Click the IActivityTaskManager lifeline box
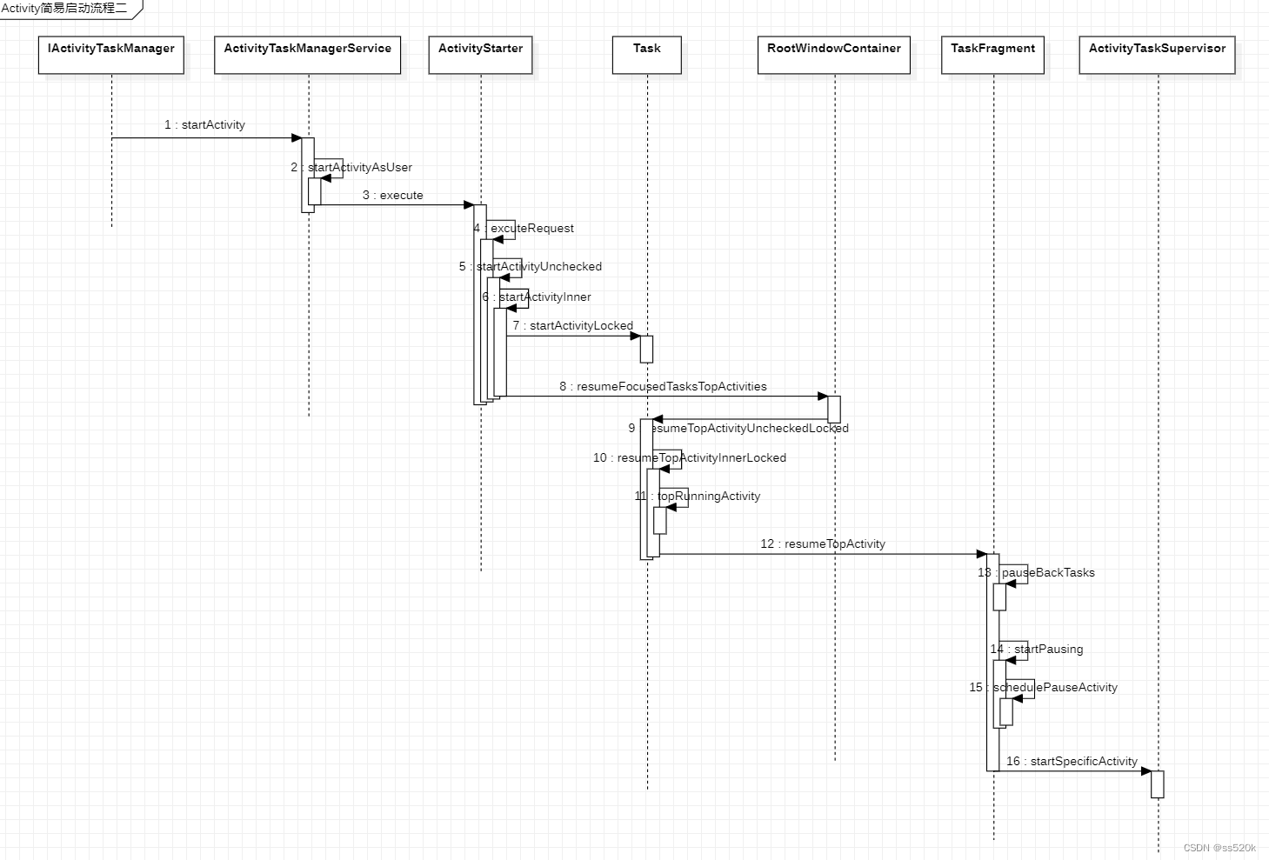[111, 55]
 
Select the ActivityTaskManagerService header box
[307, 55]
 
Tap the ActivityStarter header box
[480, 55]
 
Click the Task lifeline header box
[646, 55]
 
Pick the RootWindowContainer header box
[833, 55]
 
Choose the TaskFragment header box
[992, 55]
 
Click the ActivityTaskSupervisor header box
[1157, 55]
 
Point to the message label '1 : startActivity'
[204, 125]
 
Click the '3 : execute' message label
[392, 196]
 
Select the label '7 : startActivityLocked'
[572, 326]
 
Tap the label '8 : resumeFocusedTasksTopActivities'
[663, 387]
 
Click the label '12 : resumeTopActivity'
[823, 544]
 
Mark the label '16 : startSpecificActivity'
[1072, 762]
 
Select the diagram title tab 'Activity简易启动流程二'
[65, 9]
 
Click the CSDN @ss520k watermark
[1219, 848]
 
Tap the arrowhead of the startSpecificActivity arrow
[1146, 771]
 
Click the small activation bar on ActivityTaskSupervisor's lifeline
[1157, 784]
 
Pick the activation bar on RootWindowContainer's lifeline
[833, 409]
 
